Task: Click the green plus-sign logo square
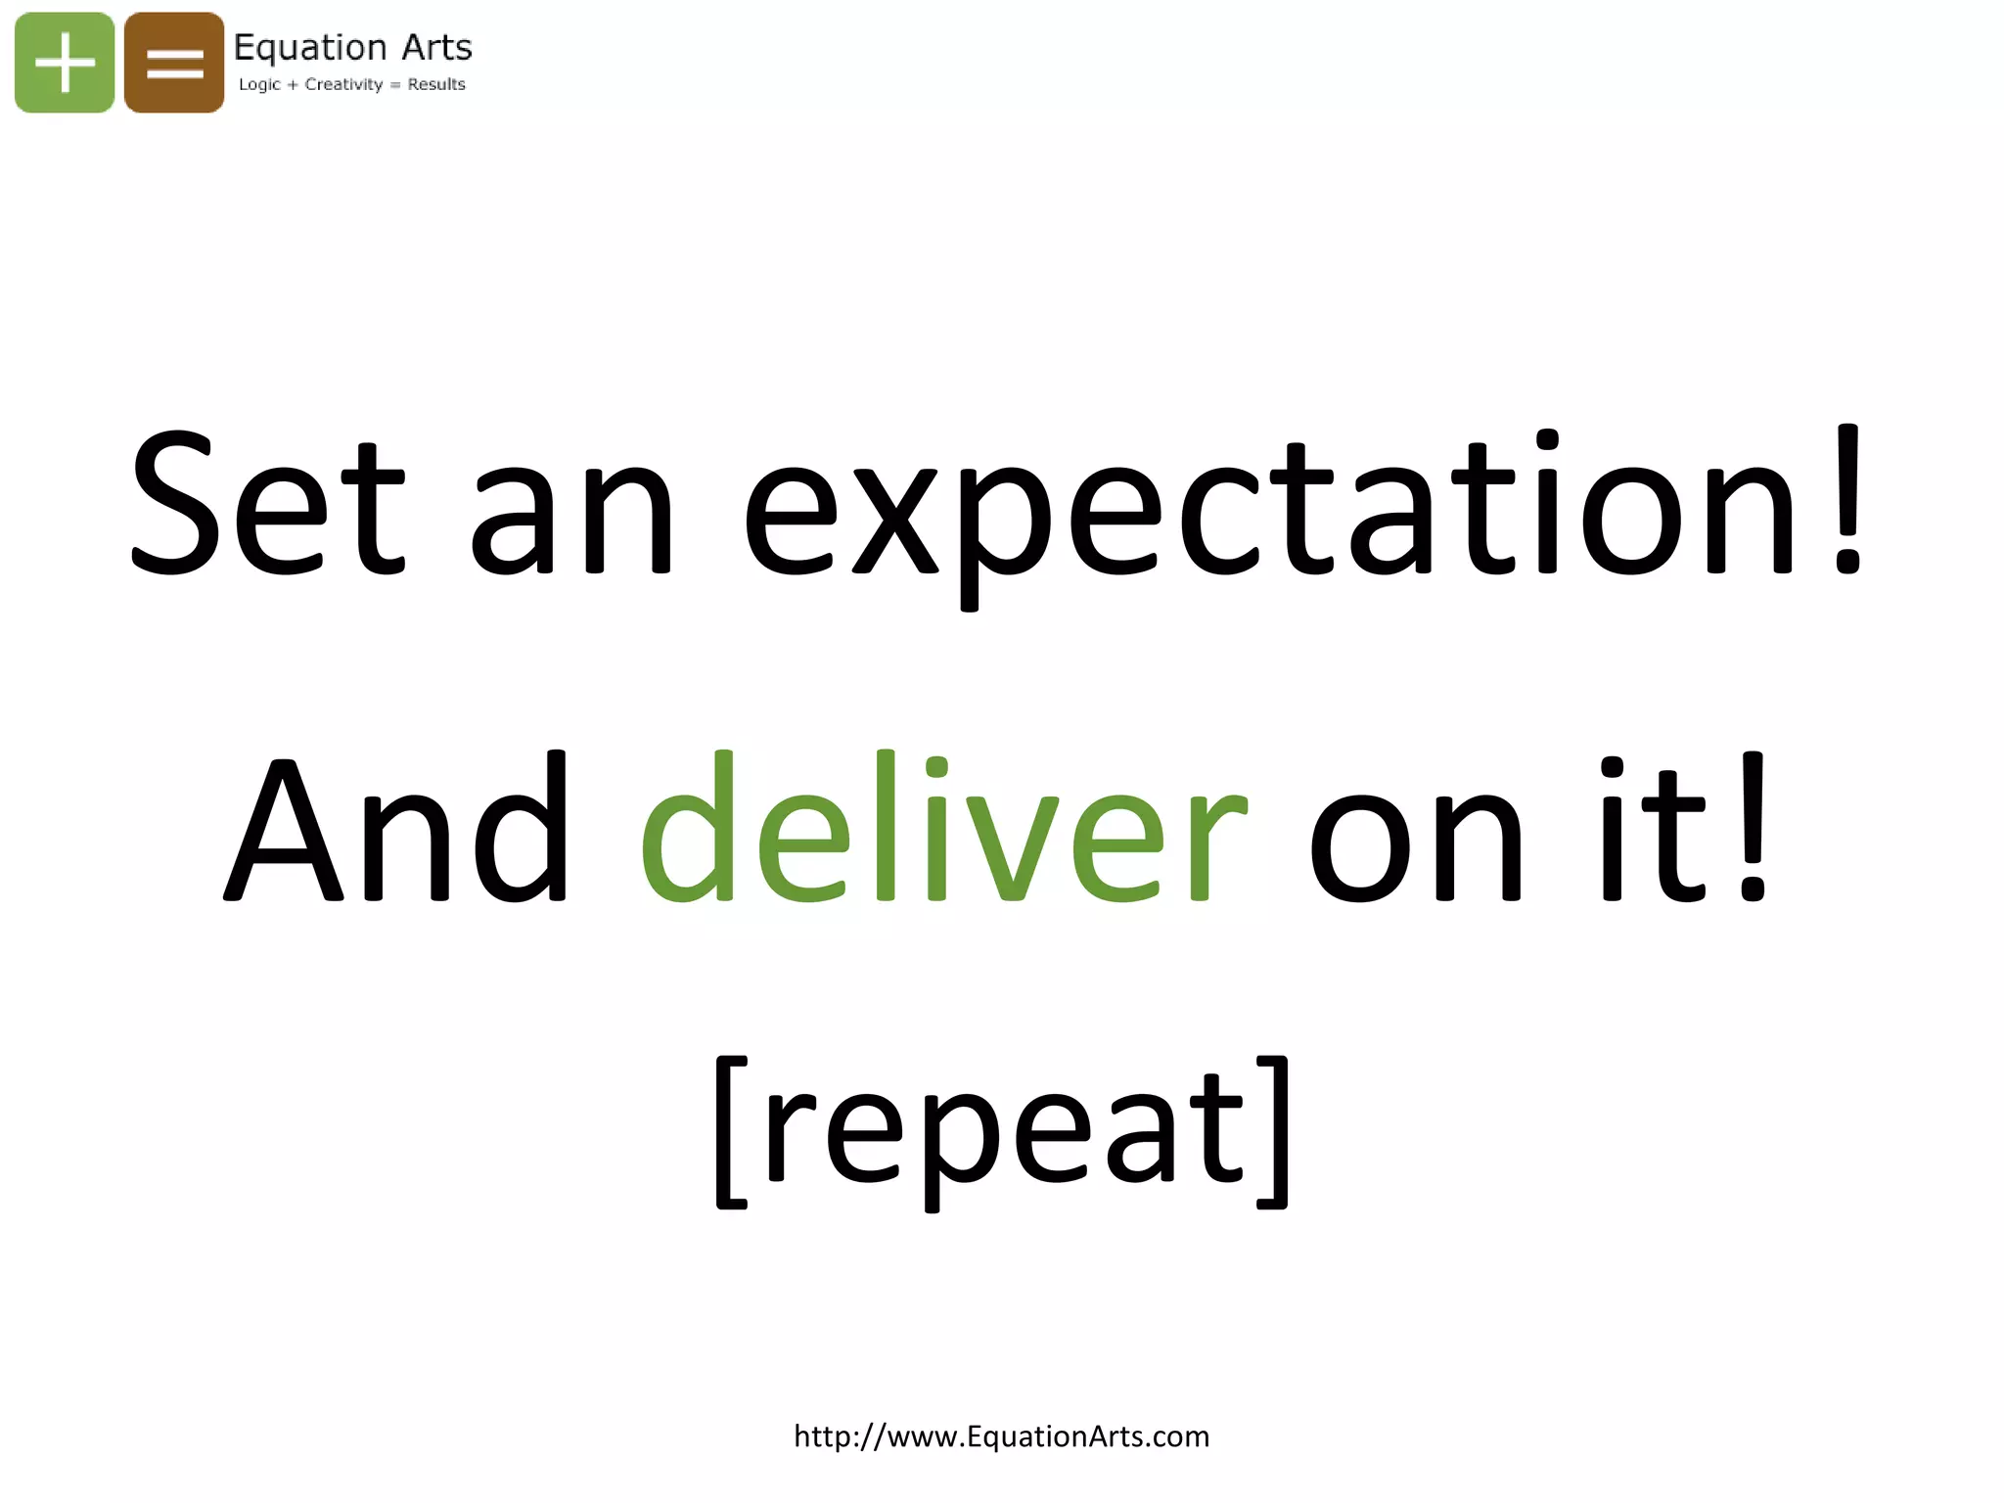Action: point(65,63)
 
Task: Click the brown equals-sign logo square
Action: point(174,63)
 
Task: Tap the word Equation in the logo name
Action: point(311,48)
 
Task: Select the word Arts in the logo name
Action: point(436,47)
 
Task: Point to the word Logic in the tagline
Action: point(259,85)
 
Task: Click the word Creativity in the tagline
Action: point(343,85)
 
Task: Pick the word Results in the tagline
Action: point(436,85)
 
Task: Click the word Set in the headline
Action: point(267,505)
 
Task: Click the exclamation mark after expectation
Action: point(1847,499)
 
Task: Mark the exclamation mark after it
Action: point(1752,828)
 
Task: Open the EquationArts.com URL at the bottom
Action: point(1002,1436)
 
